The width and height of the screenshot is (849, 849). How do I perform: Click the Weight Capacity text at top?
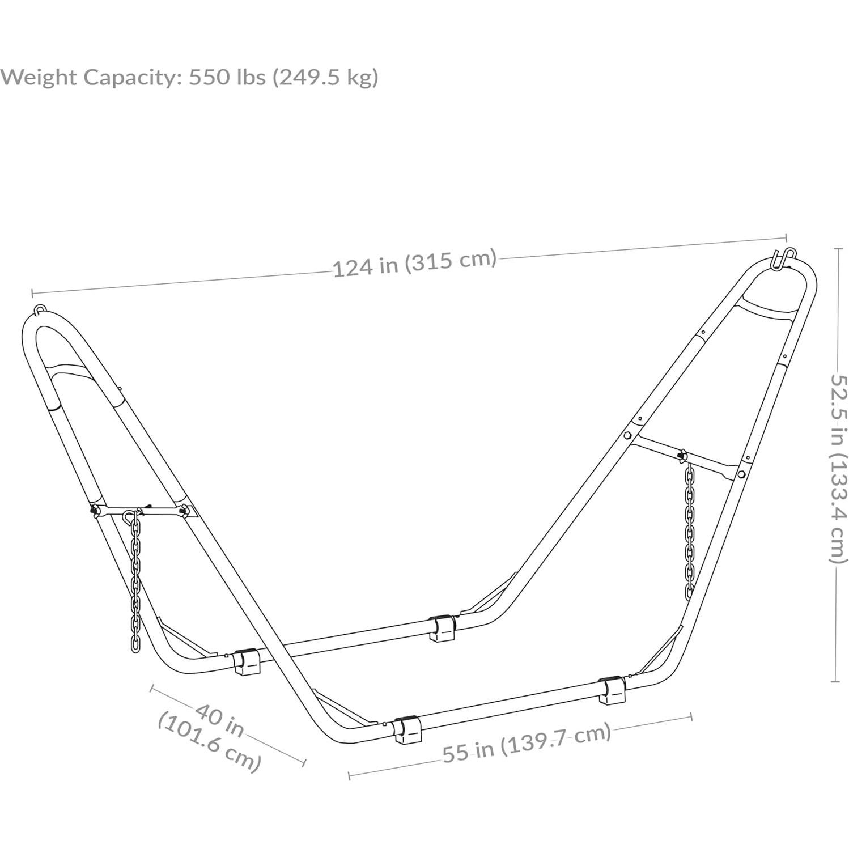click(189, 77)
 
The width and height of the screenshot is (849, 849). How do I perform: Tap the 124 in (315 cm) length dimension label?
click(414, 262)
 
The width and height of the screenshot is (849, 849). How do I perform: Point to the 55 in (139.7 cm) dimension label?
click(527, 742)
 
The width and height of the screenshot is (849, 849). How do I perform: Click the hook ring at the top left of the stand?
click(40, 310)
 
